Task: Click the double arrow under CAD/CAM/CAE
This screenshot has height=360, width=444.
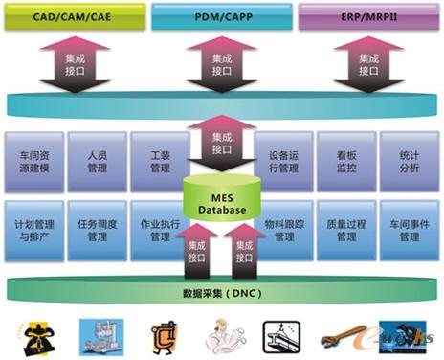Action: (75, 63)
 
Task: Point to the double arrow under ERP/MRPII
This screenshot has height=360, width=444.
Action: (367, 63)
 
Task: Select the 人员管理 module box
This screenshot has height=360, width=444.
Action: (97, 160)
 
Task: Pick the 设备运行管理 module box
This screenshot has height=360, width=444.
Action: (284, 160)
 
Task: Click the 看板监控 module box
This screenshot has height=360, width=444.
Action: (346, 160)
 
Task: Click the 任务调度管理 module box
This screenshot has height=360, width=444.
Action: (97, 230)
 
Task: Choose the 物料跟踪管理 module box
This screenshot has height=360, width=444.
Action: (284, 230)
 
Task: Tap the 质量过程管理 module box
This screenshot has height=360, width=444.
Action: (346, 230)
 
